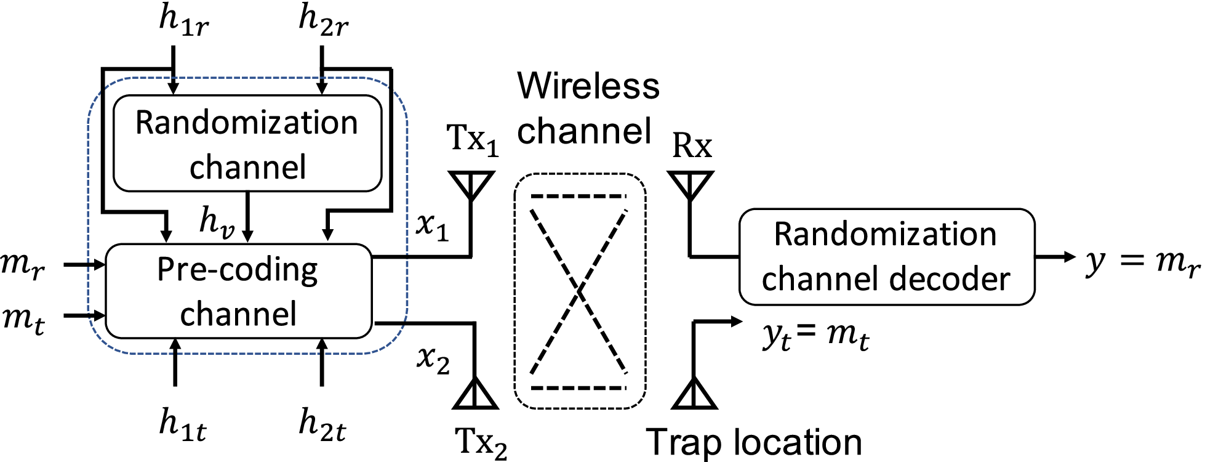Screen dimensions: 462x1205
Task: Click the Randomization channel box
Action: click(x=247, y=144)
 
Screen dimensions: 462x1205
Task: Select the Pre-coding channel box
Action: click(x=239, y=291)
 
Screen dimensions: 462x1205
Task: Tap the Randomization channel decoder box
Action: click(x=886, y=257)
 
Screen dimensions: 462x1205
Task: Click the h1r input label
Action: click(x=183, y=20)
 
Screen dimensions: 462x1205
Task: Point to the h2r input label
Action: click(x=323, y=20)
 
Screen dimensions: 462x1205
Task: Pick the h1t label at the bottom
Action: click(x=182, y=425)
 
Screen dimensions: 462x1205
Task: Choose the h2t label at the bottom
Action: click(x=322, y=425)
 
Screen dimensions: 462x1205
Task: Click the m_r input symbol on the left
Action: click(x=23, y=265)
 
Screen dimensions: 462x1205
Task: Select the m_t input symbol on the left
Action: click(x=23, y=319)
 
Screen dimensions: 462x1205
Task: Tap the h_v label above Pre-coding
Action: click(x=217, y=222)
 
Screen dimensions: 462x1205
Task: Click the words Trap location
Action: click(x=754, y=442)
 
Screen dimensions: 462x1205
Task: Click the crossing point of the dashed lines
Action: click(x=578, y=291)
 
